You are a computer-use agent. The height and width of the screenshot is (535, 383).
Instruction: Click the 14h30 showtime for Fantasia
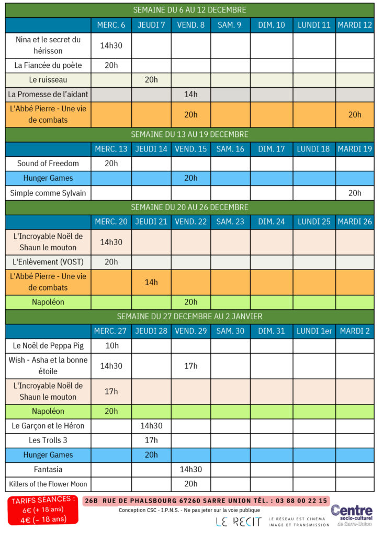(x=190, y=469)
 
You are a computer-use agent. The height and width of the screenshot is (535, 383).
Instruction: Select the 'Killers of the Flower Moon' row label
(x=48, y=484)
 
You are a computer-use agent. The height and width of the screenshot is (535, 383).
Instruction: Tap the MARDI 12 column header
(x=355, y=25)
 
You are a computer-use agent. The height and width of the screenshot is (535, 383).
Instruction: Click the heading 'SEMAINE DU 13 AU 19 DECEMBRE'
(x=189, y=134)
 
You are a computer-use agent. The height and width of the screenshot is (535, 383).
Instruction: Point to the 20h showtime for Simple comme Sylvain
(x=355, y=193)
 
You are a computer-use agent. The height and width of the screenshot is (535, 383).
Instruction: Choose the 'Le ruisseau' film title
(x=48, y=80)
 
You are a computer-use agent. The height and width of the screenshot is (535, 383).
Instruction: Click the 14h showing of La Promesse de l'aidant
(x=190, y=94)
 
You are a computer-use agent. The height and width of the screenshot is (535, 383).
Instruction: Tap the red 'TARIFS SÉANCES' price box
(x=43, y=510)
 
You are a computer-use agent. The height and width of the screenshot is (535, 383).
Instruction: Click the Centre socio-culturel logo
(x=352, y=515)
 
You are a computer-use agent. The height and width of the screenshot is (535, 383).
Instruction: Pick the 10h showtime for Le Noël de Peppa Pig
(x=111, y=346)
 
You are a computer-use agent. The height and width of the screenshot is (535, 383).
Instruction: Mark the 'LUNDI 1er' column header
(x=314, y=331)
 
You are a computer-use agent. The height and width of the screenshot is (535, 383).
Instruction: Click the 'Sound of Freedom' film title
(x=48, y=164)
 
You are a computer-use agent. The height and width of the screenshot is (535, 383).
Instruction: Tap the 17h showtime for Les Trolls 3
(x=151, y=440)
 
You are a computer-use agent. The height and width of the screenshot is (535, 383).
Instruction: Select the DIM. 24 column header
(x=271, y=222)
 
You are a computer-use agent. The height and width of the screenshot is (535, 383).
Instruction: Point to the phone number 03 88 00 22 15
(x=301, y=501)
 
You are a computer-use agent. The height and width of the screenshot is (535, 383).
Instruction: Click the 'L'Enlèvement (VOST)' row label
(x=48, y=262)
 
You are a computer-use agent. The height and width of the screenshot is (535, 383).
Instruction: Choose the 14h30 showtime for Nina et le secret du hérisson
(x=111, y=45)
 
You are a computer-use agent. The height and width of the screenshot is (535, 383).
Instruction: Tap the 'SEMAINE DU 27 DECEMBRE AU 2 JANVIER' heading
(x=189, y=317)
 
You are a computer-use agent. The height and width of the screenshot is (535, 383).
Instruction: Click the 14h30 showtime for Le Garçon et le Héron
(x=151, y=425)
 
